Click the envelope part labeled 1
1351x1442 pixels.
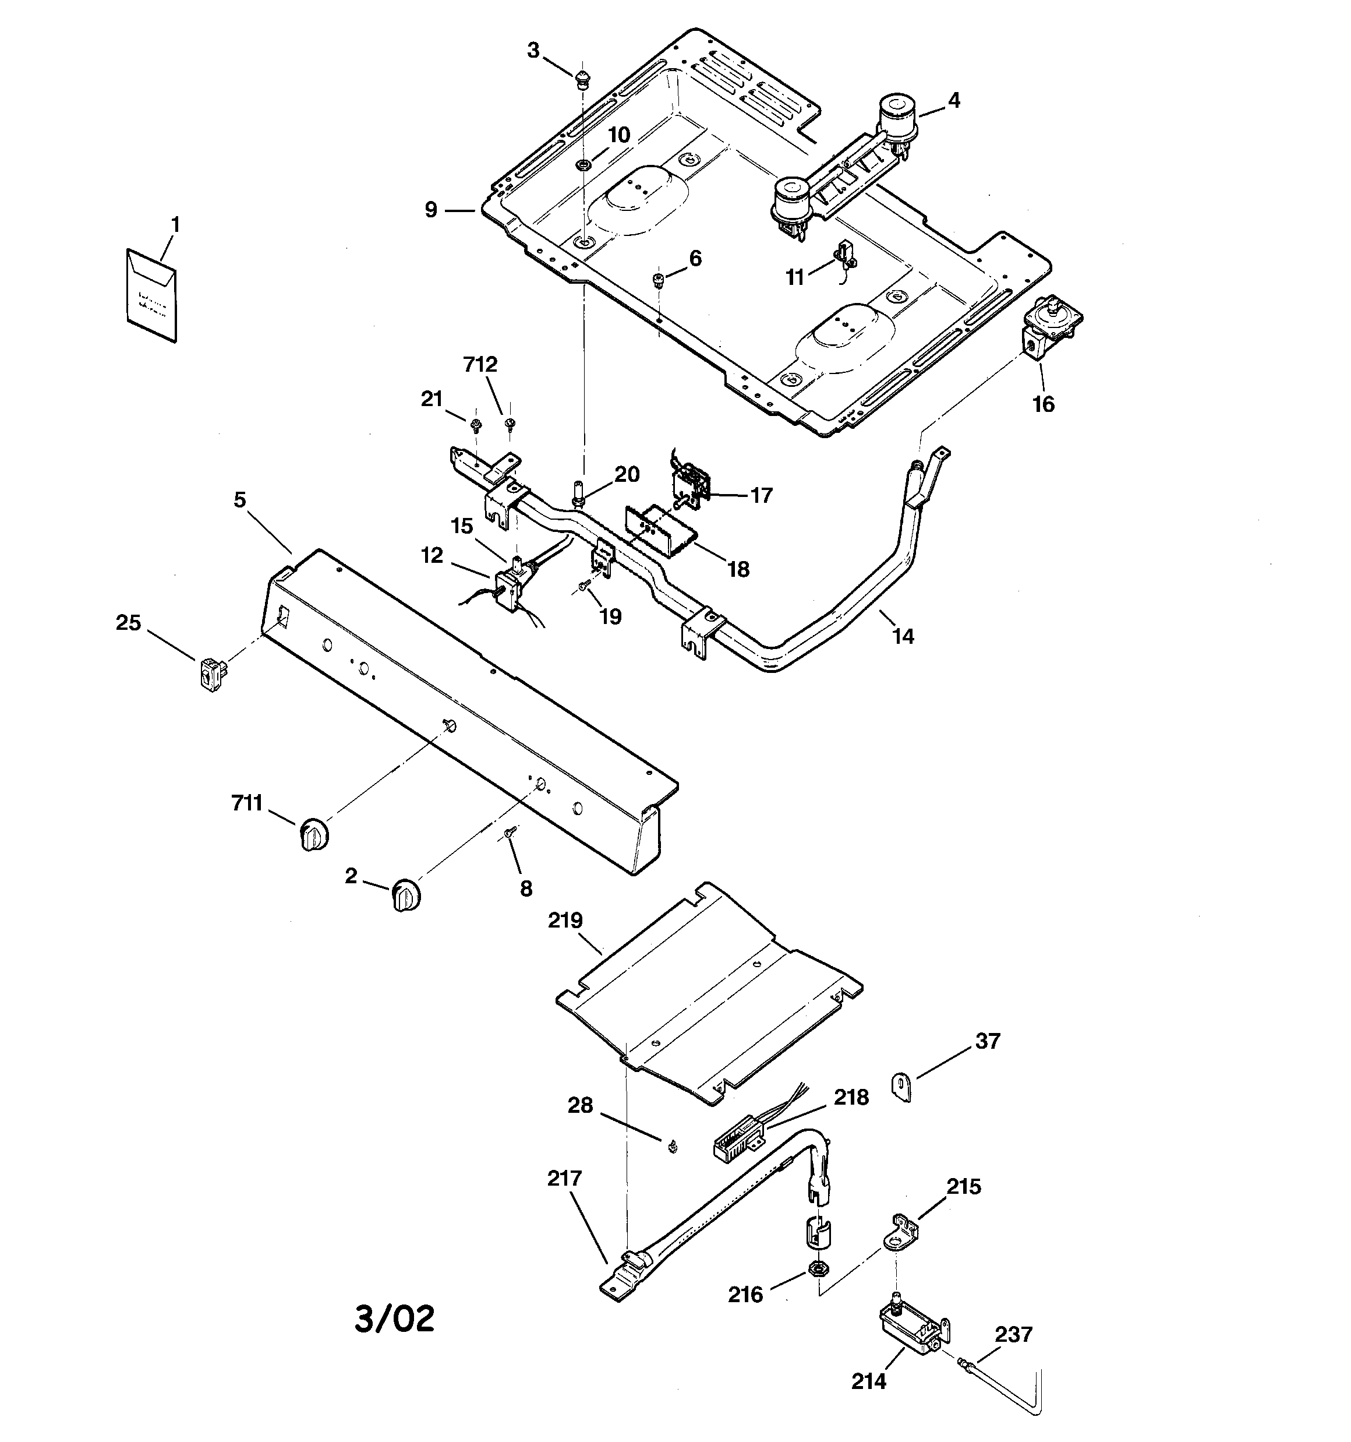click(x=150, y=296)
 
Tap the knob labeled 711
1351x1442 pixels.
click(x=313, y=833)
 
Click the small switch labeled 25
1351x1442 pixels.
click(x=211, y=675)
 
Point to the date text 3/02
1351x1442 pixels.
click(x=394, y=1318)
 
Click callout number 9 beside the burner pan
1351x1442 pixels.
click(x=431, y=210)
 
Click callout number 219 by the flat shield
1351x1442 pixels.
click(x=565, y=921)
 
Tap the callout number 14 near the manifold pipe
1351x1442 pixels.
click(x=903, y=636)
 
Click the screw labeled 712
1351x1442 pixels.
click(x=510, y=423)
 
